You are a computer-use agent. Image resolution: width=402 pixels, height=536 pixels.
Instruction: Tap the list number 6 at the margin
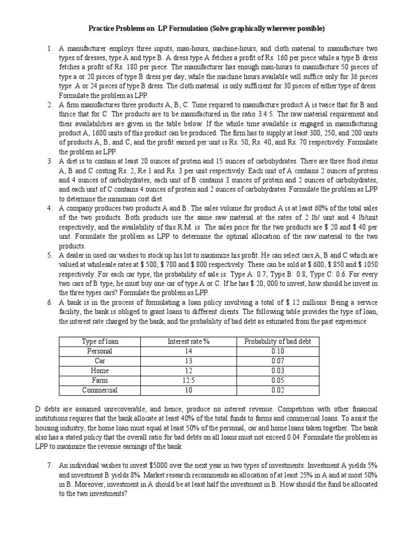pyautogui.click(x=49, y=303)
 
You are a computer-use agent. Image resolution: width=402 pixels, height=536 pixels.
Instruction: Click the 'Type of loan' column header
pyautogui.click(x=100, y=342)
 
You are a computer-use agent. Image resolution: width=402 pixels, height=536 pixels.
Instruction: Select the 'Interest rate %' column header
pyautogui.click(x=188, y=342)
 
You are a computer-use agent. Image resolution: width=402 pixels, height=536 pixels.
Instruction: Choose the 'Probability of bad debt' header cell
pyautogui.click(x=277, y=342)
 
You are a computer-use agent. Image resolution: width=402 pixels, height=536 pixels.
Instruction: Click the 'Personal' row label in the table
pyautogui.click(x=100, y=351)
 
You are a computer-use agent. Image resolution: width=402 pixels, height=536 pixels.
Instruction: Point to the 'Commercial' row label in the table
pyautogui.click(x=100, y=389)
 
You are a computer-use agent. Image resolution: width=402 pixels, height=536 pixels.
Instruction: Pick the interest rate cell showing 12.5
pyautogui.click(x=188, y=380)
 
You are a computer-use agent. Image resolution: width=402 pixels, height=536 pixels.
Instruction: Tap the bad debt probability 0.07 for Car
pyautogui.click(x=277, y=361)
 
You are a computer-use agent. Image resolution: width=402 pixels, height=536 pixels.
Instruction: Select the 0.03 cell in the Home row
pyautogui.click(x=277, y=371)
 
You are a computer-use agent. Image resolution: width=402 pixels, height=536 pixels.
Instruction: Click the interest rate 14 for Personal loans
pyautogui.click(x=188, y=351)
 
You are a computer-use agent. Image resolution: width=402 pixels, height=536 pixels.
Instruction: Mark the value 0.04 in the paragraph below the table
pyautogui.click(x=312, y=437)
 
